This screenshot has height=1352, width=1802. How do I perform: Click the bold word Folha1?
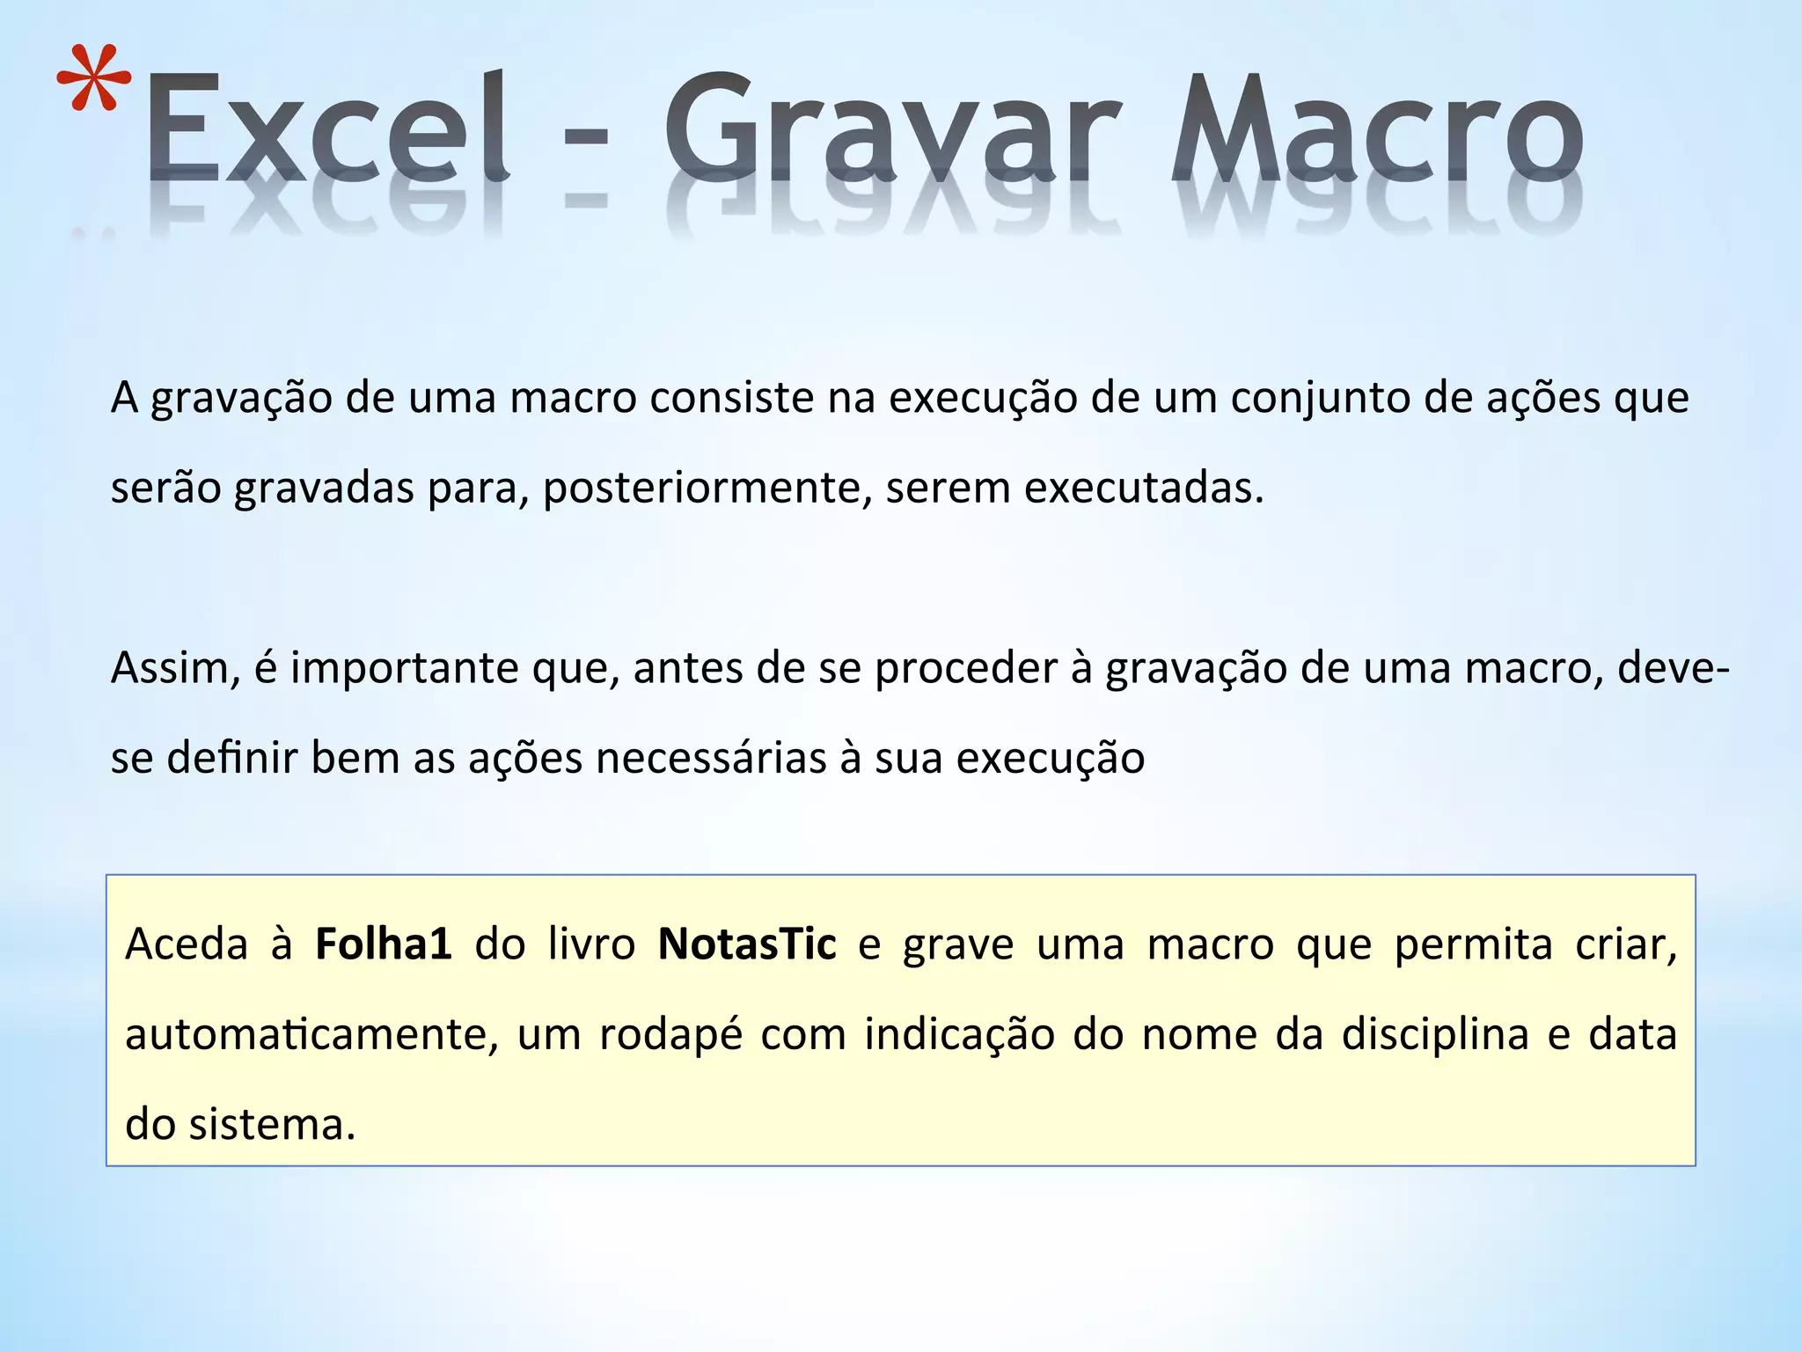point(384,945)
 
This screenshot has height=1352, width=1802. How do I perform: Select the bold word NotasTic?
point(747,945)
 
